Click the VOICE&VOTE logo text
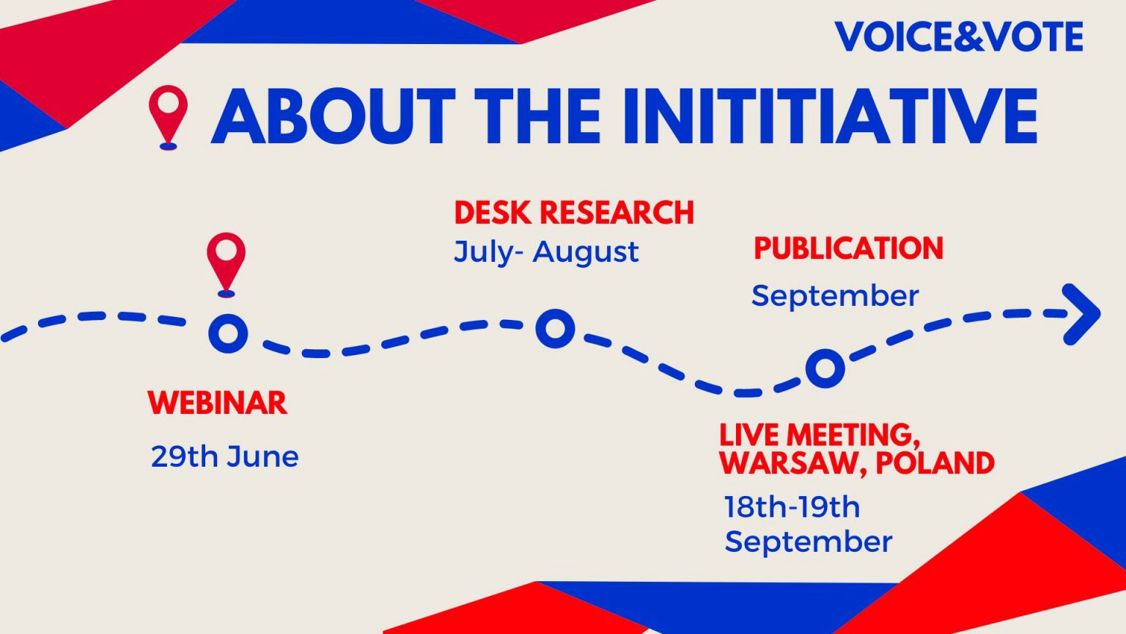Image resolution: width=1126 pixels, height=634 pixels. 959,37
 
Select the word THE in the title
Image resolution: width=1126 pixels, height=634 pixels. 542,116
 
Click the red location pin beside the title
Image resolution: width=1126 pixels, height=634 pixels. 168,114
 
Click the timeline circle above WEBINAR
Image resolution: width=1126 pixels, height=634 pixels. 228,332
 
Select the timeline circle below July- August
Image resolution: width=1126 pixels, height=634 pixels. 555,328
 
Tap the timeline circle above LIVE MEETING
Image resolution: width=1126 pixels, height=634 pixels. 825,368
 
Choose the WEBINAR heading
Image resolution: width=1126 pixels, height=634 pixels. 218,403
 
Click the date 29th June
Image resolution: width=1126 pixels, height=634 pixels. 224,456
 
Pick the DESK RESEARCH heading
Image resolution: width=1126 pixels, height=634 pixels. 574,213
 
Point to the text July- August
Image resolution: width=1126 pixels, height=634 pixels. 546,252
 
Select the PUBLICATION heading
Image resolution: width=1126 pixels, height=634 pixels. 848,249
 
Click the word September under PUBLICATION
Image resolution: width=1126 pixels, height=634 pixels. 835,296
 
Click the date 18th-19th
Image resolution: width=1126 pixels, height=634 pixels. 792,507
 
